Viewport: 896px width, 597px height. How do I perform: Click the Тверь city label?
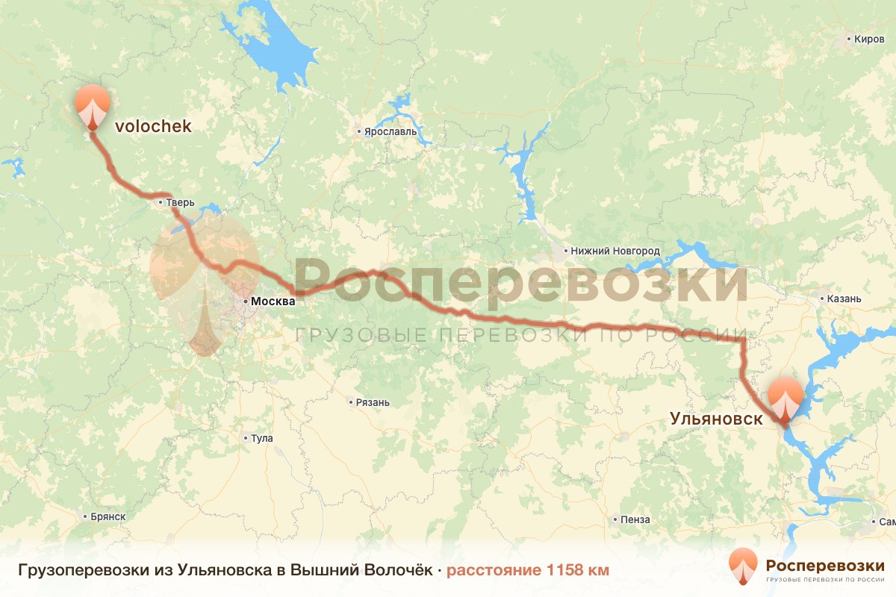pos(181,202)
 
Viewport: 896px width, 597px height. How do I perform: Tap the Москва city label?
pos(273,301)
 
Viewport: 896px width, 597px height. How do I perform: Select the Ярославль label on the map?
pos(390,132)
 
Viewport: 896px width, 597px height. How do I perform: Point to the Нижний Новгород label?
pos(615,251)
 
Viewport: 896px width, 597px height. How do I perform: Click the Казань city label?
pos(844,298)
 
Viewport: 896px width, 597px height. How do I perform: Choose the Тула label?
pos(263,438)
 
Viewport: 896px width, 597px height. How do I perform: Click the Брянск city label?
pos(107,516)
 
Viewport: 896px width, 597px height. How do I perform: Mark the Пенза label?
pos(635,519)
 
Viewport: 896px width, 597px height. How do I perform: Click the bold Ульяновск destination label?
pos(717,419)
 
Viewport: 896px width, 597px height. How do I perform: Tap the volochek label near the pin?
pos(153,127)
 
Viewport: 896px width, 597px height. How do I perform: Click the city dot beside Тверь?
pos(161,201)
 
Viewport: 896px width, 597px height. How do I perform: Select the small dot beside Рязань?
pos(350,402)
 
